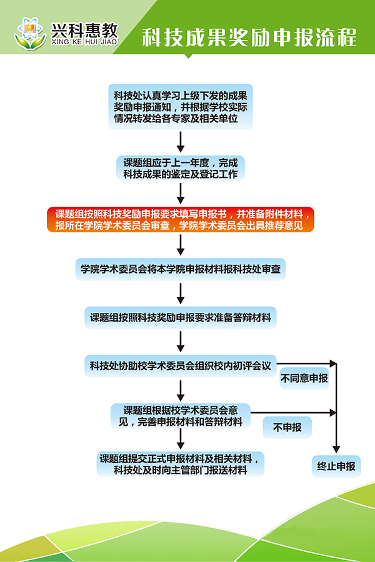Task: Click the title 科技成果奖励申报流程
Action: [249, 38]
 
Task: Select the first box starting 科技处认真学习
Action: [180, 107]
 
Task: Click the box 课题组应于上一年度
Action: [180, 168]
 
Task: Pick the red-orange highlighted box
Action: [179, 219]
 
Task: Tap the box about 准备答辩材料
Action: [180, 317]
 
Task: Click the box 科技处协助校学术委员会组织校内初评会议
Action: [180, 366]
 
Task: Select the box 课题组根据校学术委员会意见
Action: [180, 416]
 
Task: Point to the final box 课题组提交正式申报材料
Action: [180, 464]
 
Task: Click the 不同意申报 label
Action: [304, 378]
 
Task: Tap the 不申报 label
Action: [287, 428]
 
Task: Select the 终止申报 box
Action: [336, 466]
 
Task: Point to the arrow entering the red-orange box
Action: [180, 193]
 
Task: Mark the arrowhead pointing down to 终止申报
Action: [336, 447]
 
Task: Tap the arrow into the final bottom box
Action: [180, 440]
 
